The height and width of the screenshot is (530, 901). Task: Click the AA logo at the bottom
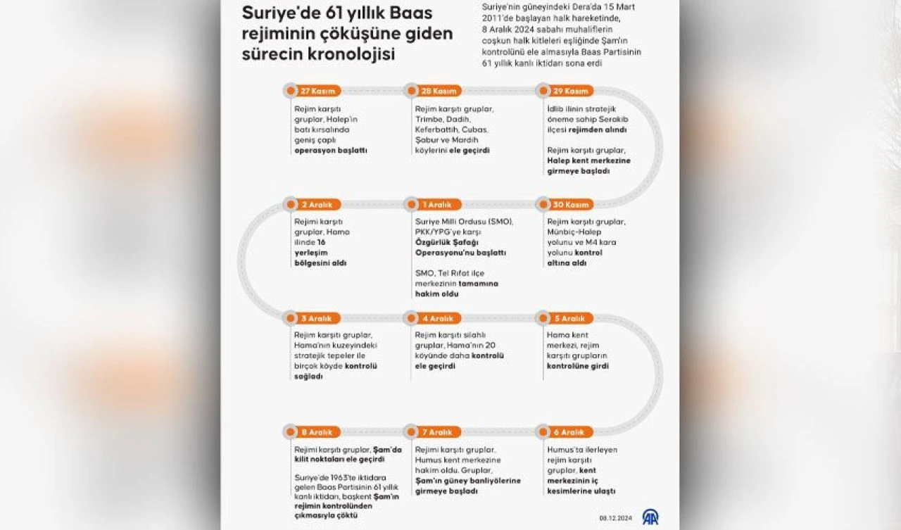650,517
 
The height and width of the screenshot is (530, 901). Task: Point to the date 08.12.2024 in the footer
617,518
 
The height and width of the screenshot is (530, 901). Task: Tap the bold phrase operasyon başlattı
330,151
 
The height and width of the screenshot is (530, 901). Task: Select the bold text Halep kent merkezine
588,160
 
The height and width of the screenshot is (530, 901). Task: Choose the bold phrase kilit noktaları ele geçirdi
339,460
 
